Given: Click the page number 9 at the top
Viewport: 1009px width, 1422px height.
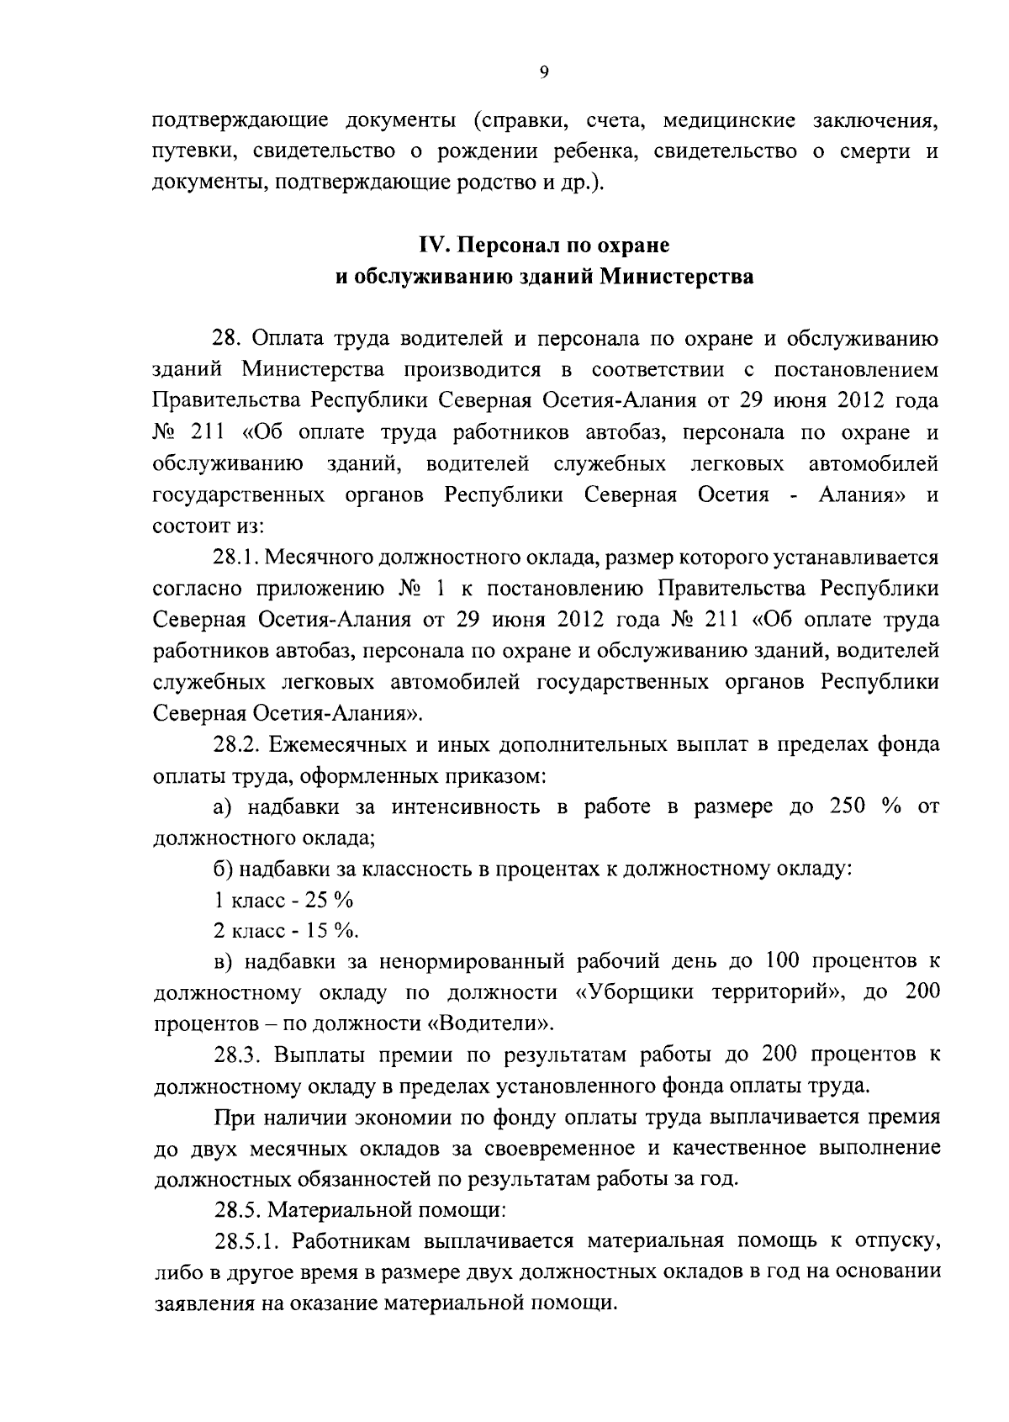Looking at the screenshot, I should click(543, 73).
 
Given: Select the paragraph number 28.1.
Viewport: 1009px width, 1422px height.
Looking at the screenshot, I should click(239, 557).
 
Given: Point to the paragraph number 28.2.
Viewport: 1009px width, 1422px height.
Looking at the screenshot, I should click(239, 745).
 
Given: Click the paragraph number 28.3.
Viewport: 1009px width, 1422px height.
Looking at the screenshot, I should click(239, 1055).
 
